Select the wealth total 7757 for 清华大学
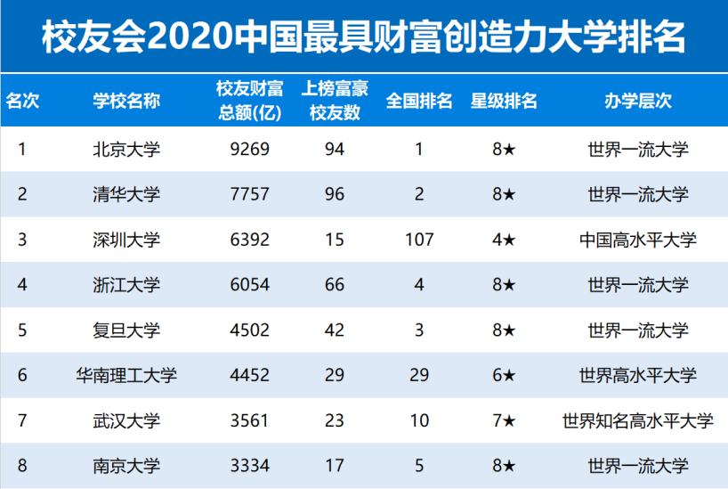click(x=249, y=194)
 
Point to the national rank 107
click(x=418, y=240)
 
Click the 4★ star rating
click(x=504, y=240)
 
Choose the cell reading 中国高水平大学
click(x=637, y=240)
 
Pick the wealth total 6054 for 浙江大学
click(x=249, y=285)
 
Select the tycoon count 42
click(x=334, y=330)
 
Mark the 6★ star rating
click(x=504, y=376)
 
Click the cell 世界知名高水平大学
click(x=637, y=420)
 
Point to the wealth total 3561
click(x=249, y=420)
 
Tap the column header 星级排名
click(x=504, y=101)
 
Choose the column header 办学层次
click(x=637, y=101)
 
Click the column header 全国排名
click(x=418, y=101)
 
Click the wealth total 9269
click(x=249, y=149)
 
